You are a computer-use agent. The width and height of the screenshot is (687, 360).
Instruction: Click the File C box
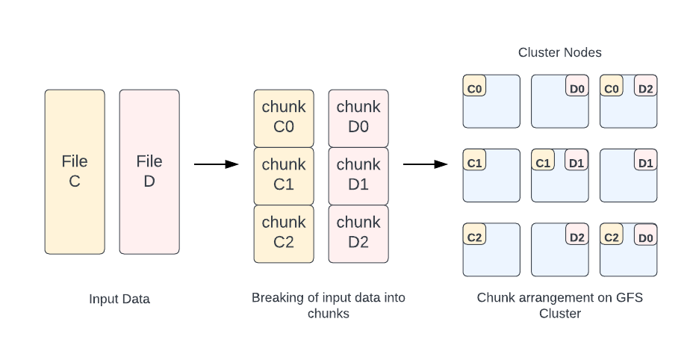(75, 172)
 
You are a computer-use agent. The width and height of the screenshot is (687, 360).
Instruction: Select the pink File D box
(149, 172)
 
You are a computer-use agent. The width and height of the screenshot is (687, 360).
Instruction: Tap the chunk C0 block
(284, 117)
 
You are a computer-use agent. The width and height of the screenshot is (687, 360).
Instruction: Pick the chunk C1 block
(284, 175)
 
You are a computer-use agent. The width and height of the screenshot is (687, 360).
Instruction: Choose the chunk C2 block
(284, 233)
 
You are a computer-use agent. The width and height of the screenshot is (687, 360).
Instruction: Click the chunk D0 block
(358, 117)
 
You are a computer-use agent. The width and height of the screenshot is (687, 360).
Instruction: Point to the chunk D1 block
(358, 175)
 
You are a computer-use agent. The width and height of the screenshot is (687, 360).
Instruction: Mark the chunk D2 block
(358, 233)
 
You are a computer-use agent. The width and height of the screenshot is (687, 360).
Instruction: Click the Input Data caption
(119, 300)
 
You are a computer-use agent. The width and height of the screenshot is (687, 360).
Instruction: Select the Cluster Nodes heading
(560, 53)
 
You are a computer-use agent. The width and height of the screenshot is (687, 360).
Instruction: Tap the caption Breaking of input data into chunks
(329, 305)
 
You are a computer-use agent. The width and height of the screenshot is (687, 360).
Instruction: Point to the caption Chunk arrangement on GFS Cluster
(560, 305)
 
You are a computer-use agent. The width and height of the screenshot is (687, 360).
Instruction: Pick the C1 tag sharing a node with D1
(543, 161)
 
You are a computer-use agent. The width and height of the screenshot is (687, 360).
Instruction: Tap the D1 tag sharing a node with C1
(576, 161)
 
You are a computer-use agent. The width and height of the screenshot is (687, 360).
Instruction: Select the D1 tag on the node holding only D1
(646, 161)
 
